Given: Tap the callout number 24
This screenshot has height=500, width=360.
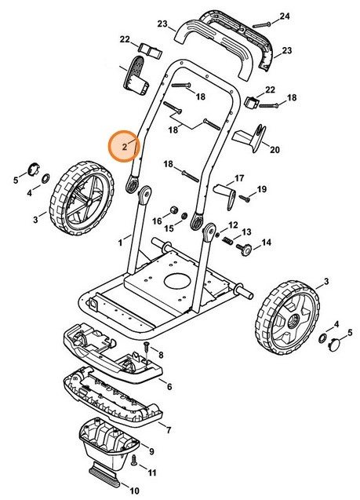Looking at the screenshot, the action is pos(285,16).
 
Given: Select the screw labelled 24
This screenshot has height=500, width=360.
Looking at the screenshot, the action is pos(261,24).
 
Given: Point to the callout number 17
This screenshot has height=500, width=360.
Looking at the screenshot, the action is pos(239,178).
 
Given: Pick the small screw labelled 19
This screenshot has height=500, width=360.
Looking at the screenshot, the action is pos(245,199).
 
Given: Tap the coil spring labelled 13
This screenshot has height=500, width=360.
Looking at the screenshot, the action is pos(227,241).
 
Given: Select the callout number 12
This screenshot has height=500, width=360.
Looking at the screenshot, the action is pos(233,225).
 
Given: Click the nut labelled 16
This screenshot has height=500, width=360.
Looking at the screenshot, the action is pos(174,210).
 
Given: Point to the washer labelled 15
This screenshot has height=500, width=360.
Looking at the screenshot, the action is pos(185,216).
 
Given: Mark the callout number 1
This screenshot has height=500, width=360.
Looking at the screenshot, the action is pos(121,243).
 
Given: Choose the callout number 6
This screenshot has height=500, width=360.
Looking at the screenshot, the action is pos(169,386).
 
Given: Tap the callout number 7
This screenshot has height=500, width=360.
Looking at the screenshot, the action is pos(169,430).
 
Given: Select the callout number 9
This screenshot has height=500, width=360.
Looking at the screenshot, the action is pos(151,451).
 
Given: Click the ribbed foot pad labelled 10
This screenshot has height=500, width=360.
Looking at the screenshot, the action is pos(104,474).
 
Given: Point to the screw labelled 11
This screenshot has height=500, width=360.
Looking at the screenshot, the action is pos(134,459).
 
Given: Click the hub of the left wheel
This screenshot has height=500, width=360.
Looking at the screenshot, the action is pos(89,202).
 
